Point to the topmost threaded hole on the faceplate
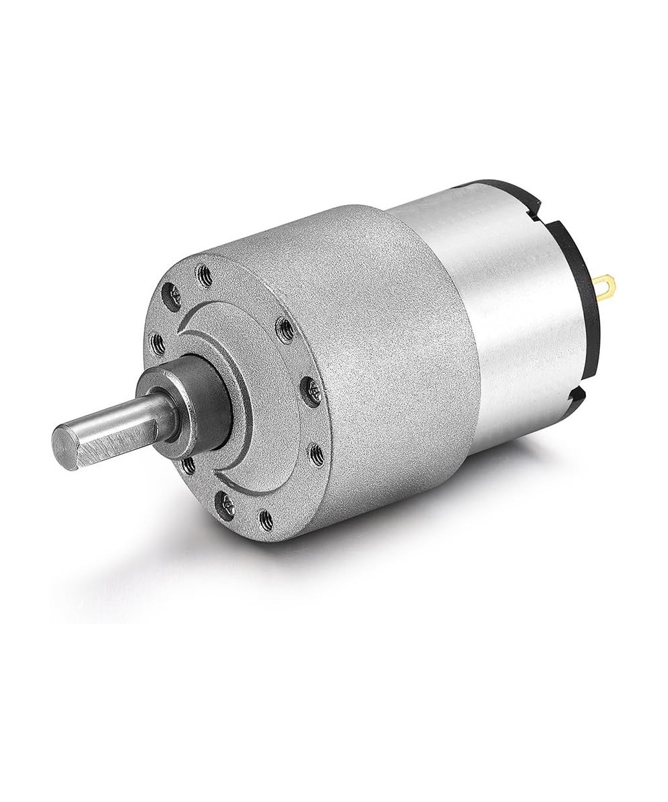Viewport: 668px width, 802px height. pos(204,273)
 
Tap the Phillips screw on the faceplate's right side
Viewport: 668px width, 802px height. pos(312,391)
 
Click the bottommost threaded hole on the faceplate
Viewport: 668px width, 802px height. pos(266,519)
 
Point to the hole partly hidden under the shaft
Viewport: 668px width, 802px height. pos(188,464)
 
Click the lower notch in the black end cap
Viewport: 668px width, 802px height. pos(573,399)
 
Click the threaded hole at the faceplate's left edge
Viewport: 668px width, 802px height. pos(158,345)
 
